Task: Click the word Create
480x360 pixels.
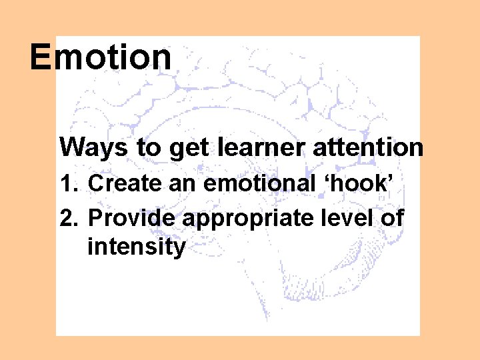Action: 125,183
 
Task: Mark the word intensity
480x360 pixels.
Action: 136,247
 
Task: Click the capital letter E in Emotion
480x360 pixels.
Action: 41,57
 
